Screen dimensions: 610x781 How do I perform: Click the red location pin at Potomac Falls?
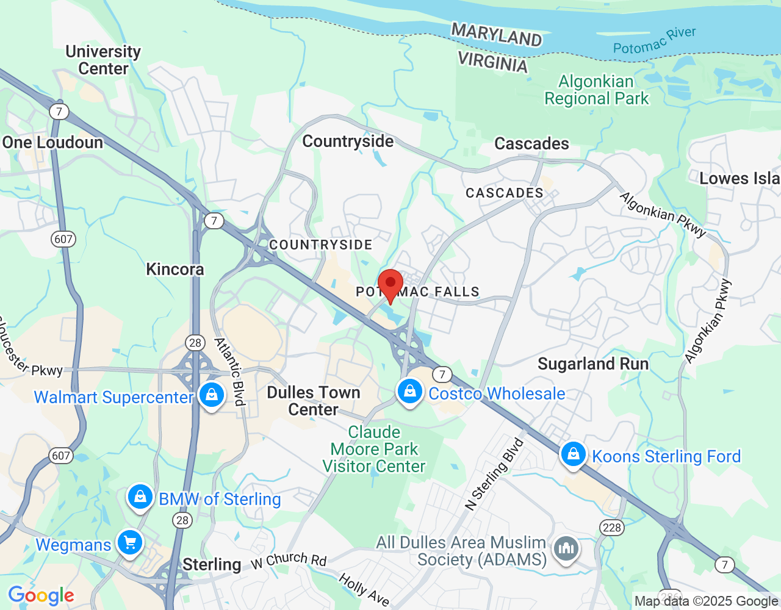[x=390, y=284]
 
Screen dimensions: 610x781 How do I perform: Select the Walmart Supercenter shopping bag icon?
[x=211, y=395]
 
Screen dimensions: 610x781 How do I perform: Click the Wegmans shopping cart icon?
[x=130, y=542]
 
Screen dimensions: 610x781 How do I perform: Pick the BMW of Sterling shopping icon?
[x=140, y=497]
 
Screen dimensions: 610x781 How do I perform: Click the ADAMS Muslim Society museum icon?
[x=566, y=549]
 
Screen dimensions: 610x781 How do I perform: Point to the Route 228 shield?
[x=611, y=528]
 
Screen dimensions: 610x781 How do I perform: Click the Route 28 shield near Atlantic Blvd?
[x=195, y=342]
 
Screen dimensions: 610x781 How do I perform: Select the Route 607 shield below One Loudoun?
[x=63, y=239]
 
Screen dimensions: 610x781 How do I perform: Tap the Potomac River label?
[x=654, y=40]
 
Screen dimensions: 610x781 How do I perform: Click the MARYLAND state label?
[x=496, y=35]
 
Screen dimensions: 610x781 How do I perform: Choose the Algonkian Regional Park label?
[x=596, y=90]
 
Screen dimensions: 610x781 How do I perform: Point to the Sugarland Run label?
[x=593, y=364]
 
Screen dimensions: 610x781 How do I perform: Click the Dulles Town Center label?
[x=314, y=401]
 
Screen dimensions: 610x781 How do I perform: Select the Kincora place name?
[x=175, y=269]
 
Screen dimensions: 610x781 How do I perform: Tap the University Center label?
[x=103, y=60]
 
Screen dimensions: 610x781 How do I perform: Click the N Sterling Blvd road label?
[x=494, y=474]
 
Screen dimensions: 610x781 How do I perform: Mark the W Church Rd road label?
[x=289, y=560]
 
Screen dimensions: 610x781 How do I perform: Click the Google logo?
[x=41, y=595]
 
